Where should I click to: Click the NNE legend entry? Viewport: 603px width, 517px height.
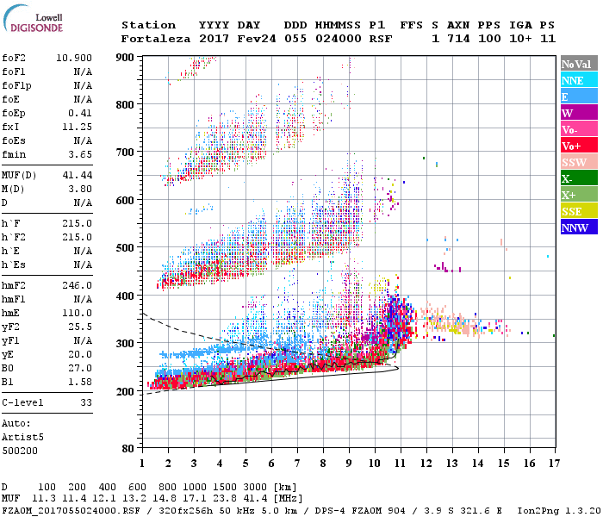point(573,80)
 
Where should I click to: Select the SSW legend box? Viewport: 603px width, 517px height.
point(573,162)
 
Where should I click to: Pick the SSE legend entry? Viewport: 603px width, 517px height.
point(573,211)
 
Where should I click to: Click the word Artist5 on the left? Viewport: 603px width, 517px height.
point(22,437)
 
